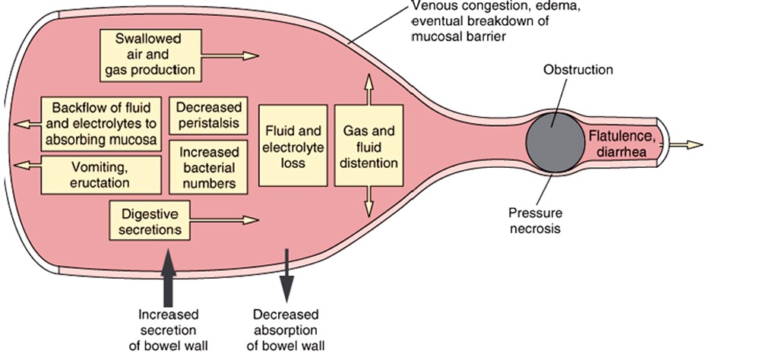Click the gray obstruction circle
pos(552,144)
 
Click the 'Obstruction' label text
pos(577,70)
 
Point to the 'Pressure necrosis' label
pos(534,220)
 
